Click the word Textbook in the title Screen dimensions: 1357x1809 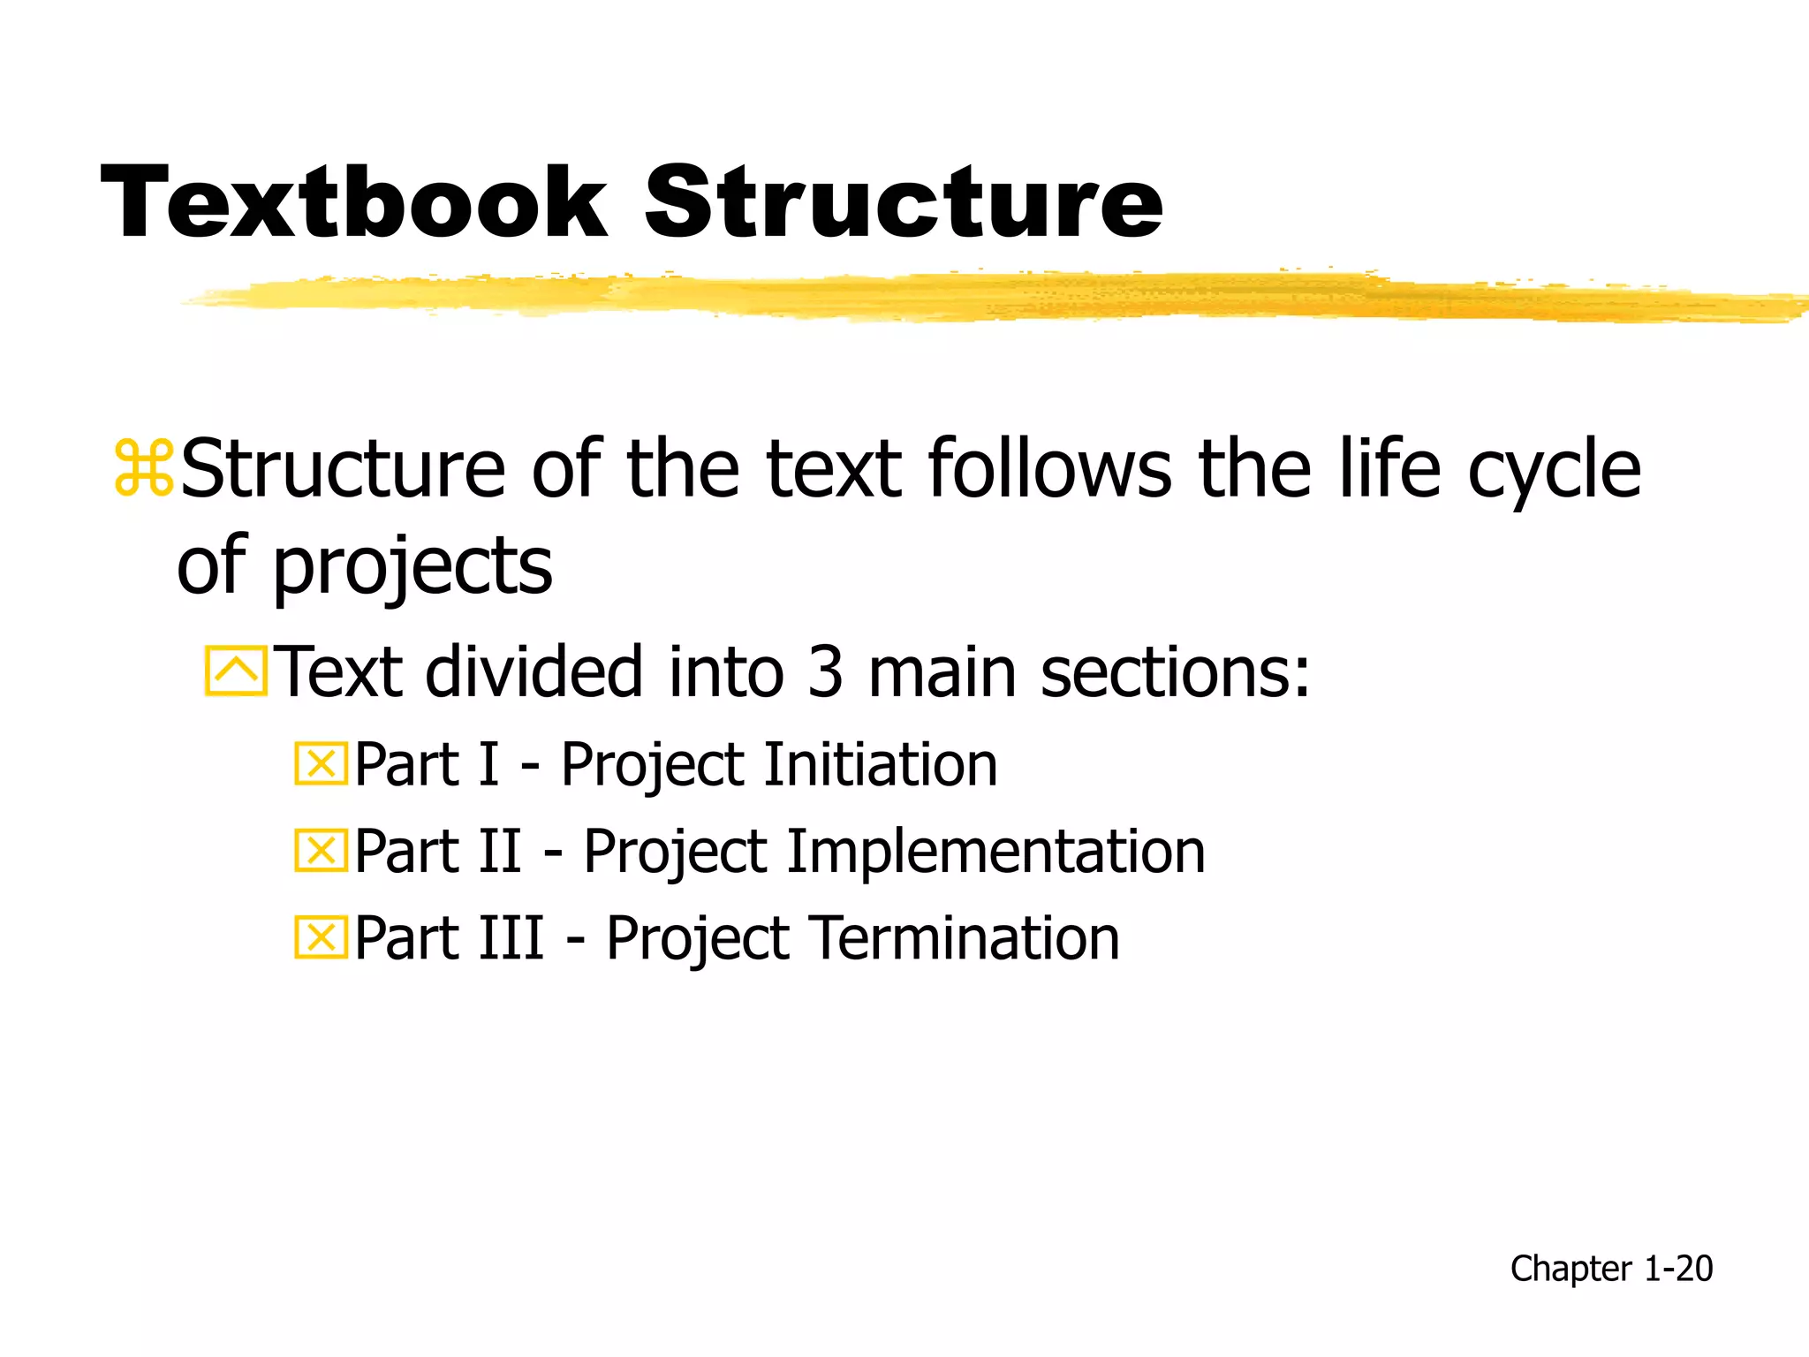(x=353, y=202)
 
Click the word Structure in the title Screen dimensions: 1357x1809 (x=904, y=202)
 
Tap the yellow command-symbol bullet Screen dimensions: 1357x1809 (x=143, y=468)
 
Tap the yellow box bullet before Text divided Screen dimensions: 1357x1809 (x=236, y=671)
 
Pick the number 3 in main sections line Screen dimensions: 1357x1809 (x=825, y=671)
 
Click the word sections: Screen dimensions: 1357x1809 (x=1175, y=671)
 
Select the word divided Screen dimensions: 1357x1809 (x=534, y=671)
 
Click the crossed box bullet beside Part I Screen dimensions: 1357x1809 (x=321, y=764)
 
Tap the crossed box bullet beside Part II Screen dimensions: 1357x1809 (x=321, y=851)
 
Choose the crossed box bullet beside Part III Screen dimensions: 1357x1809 (x=321, y=937)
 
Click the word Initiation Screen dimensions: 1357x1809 (x=881, y=764)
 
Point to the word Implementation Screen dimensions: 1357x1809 (x=995, y=851)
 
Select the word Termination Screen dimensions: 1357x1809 (x=965, y=937)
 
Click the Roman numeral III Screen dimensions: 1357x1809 (x=510, y=937)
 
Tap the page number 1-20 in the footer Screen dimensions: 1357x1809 (x=1677, y=1269)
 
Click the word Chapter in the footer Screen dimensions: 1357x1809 (x=1571, y=1269)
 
